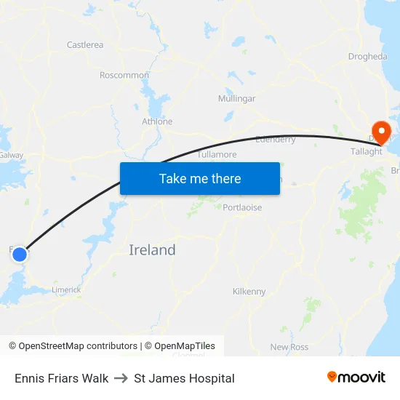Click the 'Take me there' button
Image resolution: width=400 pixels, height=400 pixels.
coord(200,178)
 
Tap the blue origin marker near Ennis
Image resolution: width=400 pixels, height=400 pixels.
coord(20,255)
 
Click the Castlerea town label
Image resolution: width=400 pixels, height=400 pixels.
coord(85,45)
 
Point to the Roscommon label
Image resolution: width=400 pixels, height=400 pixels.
coord(124,75)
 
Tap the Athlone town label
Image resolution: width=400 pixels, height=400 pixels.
coord(157,121)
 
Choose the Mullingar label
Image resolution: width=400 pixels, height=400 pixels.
coord(237,98)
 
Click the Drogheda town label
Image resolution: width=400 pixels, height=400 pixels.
coord(367,56)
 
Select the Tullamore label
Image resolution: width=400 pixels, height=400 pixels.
coord(217,155)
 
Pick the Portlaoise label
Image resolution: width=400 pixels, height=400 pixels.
coord(242,207)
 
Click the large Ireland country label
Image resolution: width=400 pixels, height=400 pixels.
coord(152,250)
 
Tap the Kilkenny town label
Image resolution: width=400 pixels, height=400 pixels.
coord(249,292)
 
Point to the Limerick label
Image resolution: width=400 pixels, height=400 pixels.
coord(66,289)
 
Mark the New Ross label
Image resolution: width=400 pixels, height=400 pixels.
coord(289,347)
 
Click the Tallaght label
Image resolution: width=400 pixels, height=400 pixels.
coord(367,151)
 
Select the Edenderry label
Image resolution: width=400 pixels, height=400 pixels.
coord(276,139)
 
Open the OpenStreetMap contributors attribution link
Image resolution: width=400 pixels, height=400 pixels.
coord(78,346)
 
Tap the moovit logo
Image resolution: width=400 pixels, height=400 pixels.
coord(356,377)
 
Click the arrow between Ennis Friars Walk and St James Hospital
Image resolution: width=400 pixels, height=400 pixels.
coord(121,378)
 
